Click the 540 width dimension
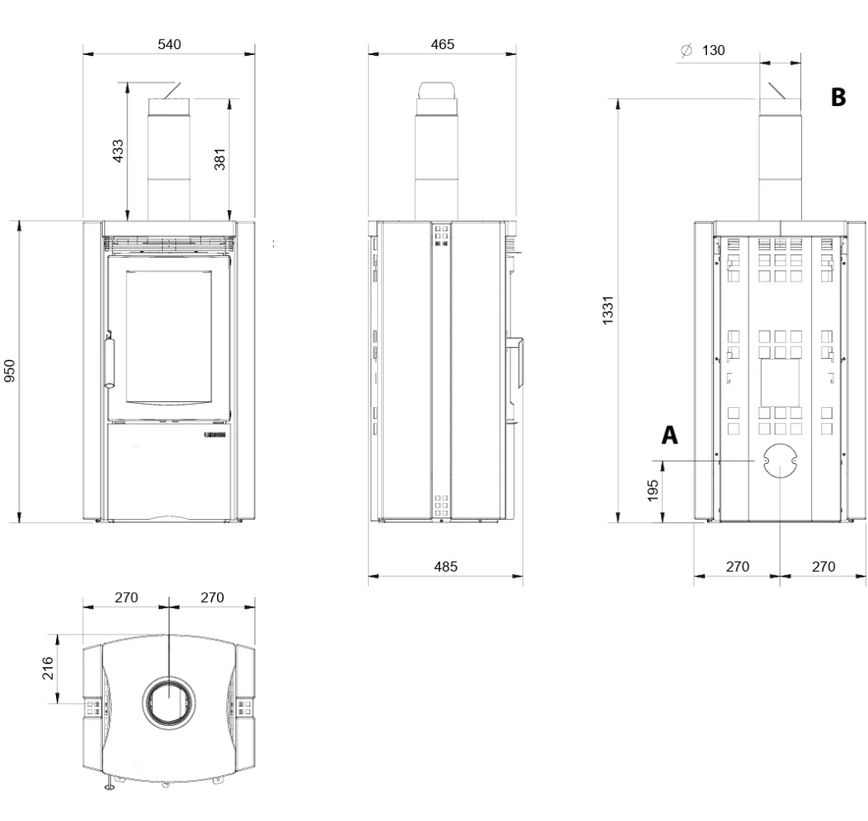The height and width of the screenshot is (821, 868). coord(169,44)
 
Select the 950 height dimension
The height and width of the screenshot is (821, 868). coord(9,371)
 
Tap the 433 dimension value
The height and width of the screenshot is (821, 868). coord(118,151)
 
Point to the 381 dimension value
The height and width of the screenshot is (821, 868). coord(220,159)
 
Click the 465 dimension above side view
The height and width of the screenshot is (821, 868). coord(442,44)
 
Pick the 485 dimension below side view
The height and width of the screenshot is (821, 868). coord(446,567)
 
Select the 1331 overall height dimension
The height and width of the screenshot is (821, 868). coord(608,310)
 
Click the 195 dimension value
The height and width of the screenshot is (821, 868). coord(653,491)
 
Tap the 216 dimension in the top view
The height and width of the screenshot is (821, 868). coord(48,668)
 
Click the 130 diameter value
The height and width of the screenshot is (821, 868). coord(713,50)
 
